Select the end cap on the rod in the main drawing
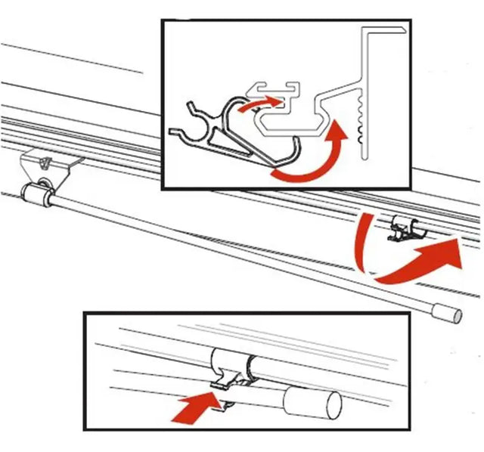click(451, 311)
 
